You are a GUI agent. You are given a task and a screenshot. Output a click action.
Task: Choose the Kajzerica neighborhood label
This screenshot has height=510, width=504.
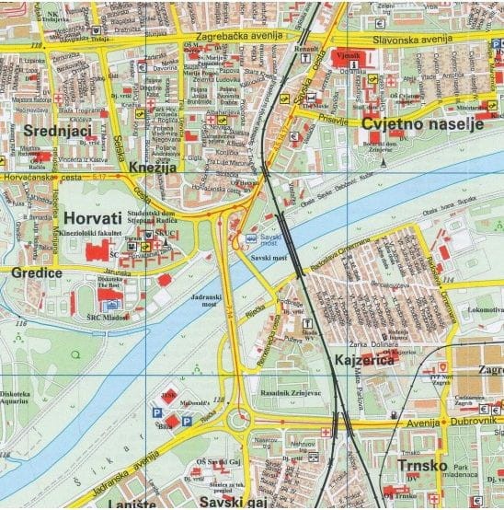(364, 359)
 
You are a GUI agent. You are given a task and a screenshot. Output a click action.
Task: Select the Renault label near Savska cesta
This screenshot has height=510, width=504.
(305, 48)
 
